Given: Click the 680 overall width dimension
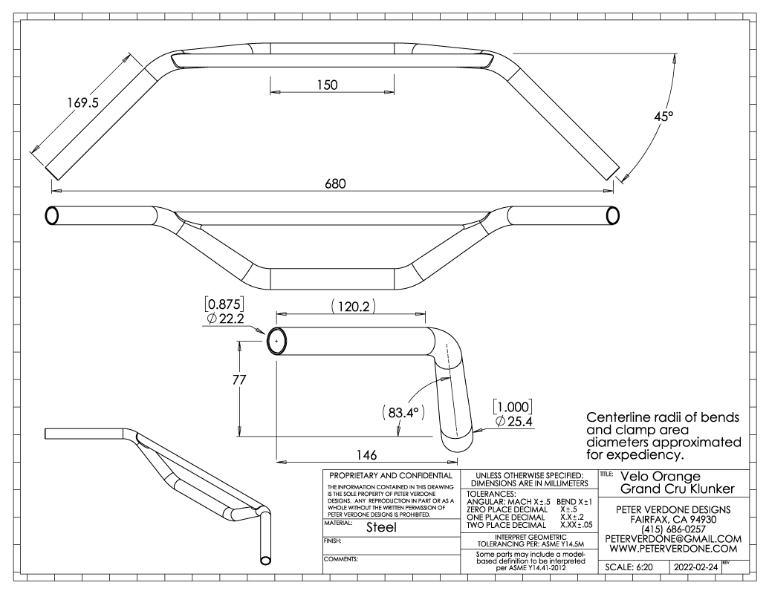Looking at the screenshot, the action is [x=335, y=184].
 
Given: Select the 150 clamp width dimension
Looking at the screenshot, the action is [x=327, y=85].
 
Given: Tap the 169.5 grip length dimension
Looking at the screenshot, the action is [x=83, y=102].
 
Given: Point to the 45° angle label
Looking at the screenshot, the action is [x=663, y=117].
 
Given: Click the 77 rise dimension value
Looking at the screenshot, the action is [x=239, y=380].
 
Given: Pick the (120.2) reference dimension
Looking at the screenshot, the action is [x=354, y=307].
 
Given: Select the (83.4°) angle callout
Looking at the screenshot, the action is [x=403, y=413].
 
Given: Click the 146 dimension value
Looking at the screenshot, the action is [x=366, y=455].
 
